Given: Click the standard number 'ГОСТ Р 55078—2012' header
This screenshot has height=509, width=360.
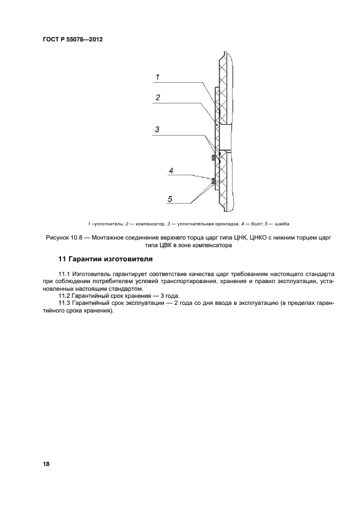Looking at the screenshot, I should tap(72, 40).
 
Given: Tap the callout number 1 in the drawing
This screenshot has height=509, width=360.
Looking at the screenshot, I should tap(157, 77).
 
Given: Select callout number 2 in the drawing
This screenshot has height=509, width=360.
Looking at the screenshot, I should tap(157, 98).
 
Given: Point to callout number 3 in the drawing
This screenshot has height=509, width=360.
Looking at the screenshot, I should tap(157, 130).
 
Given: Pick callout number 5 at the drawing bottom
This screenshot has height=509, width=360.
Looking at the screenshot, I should tap(170, 199).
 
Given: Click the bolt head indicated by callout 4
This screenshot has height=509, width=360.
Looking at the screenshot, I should tap(213, 180).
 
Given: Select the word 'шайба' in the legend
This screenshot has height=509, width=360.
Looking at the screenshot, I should tap(282, 224).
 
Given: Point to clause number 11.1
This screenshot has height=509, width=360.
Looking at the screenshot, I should tap(65, 273).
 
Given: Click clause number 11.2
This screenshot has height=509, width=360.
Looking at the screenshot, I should tap(65, 296).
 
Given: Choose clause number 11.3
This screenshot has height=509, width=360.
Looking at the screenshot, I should tap(65, 303).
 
